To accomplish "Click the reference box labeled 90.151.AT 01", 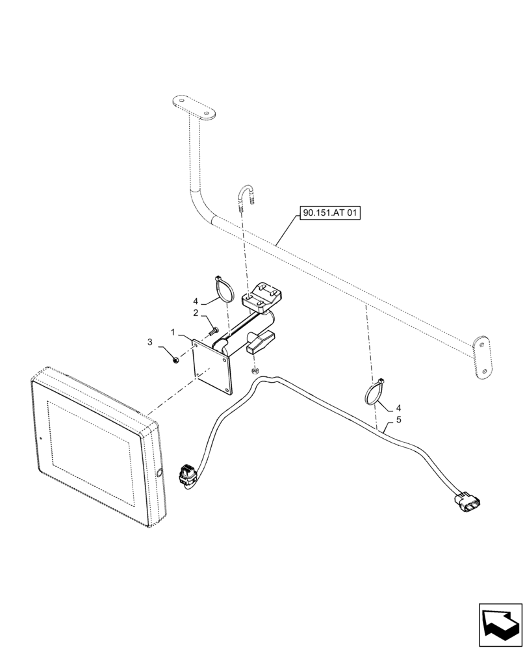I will (329, 213).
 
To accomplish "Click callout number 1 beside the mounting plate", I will (173, 332).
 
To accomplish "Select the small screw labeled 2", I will (213, 331).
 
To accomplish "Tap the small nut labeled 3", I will (177, 358).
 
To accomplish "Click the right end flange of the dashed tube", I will (482, 356).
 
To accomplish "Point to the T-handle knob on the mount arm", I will (260, 342).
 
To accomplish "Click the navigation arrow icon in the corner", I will (500, 624).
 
